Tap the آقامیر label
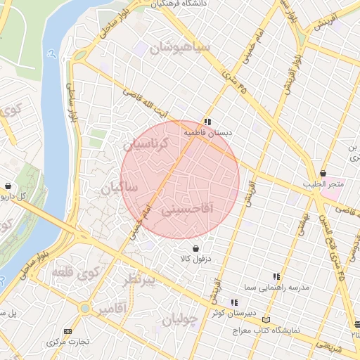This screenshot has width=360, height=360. [112, 309]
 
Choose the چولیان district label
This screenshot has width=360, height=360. [181, 321]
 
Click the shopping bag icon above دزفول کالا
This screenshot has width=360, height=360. [195, 248]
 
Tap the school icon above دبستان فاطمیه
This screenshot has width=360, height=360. [207, 121]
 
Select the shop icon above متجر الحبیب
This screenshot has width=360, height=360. [323, 173]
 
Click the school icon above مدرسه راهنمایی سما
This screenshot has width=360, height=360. [276, 277]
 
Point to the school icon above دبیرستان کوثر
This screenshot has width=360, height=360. [234, 302]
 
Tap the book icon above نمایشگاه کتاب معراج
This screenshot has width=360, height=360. [265, 319]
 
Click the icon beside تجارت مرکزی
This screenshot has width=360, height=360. [67, 331]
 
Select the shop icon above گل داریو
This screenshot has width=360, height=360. [8, 186]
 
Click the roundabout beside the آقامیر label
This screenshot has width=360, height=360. [84, 308]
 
